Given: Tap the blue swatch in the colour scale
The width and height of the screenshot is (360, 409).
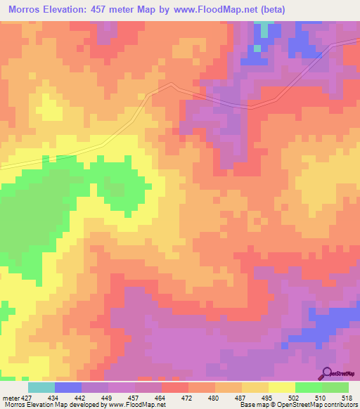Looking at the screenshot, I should (x=67, y=387).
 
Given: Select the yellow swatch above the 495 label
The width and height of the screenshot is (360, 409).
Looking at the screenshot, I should (x=255, y=387).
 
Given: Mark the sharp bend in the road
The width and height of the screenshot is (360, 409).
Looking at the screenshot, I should (x=171, y=84).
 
